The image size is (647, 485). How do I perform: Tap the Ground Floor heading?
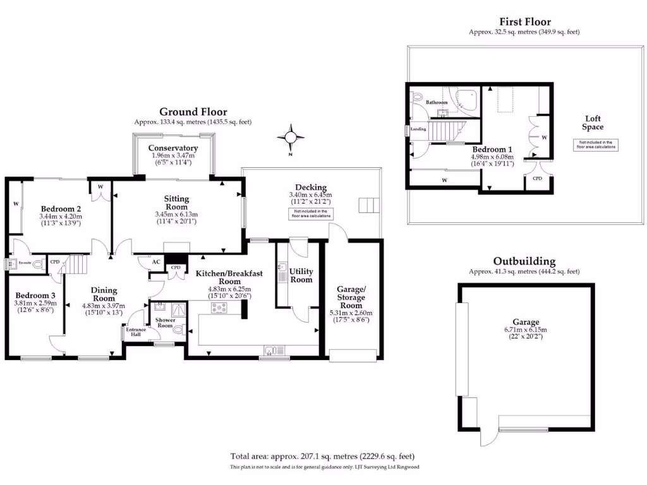tap(193, 112)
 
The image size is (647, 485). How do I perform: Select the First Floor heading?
tap(524, 22)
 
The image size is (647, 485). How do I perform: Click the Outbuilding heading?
tap(524, 261)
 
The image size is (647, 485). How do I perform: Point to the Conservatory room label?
tap(173, 148)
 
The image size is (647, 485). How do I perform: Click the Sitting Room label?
tap(177, 203)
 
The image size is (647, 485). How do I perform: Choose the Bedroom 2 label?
tap(61, 209)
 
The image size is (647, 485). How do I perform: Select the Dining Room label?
tap(104, 294)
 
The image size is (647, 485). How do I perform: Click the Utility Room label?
tap(301, 275)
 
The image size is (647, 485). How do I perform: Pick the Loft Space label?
tap(593, 123)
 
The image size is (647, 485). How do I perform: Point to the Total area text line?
tap(323, 456)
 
